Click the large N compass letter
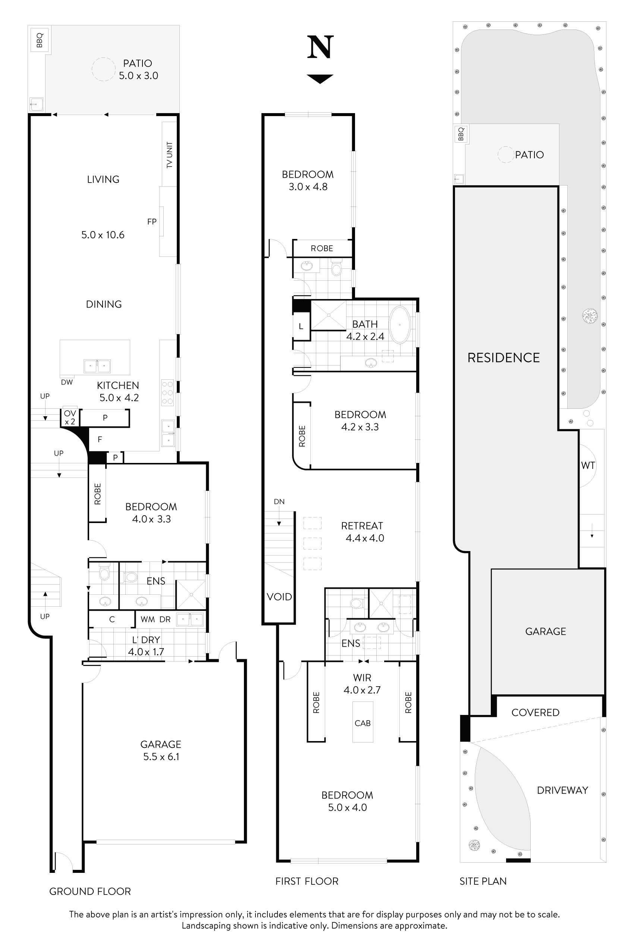pos(320,47)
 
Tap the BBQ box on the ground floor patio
pos(40,40)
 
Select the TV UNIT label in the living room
pos(169,155)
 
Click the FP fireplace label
pos(152,221)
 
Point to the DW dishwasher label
pos(67,382)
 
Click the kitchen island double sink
pos(97,366)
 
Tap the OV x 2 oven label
pos(70,417)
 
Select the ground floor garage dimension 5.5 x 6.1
pos(161,756)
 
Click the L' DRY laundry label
pos(146,640)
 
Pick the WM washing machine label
pos(148,619)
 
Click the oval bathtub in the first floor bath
pos(399,325)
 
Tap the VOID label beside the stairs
pos(279,597)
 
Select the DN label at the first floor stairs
pos(279,501)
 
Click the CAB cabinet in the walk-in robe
pos(362,723)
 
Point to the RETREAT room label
pos(362,526)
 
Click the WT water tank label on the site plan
pos(588,466)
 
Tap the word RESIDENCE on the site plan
pos(503,358)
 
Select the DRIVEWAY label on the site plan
pos(562,790)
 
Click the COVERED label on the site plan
pos(535,712)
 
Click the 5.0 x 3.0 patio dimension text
pos(138,76)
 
